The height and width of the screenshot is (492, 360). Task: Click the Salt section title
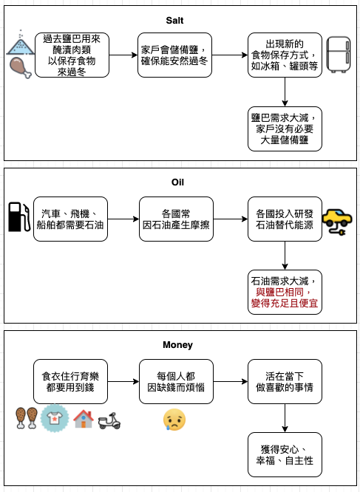point(174,21)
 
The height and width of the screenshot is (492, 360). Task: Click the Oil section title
point(177,182)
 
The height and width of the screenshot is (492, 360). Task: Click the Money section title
point(177,345)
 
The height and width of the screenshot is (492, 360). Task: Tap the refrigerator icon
point(339,55)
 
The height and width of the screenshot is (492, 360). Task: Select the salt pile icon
point(21,44)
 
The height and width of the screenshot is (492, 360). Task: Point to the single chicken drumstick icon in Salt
point(21,67)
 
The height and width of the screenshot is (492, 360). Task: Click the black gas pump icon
point(18,217)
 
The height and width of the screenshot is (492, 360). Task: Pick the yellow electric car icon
point(337,222)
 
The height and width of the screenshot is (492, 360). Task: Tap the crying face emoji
point(174,420)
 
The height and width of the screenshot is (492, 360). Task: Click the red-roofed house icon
point(84,419)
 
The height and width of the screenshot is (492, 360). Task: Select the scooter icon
point(109,421)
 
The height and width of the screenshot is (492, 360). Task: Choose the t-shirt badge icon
point(55,418)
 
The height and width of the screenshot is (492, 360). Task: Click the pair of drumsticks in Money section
point(27,418)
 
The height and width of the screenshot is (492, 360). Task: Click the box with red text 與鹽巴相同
point(285,292)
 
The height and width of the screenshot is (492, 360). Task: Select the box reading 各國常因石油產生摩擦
point(176,219)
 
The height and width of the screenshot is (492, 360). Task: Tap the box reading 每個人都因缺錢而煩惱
point(176,381)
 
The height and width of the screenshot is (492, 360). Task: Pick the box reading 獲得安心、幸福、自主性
point(285,454)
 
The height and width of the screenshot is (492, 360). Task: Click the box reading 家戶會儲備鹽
point(174,55)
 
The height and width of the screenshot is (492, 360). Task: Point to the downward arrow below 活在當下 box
point(285,418)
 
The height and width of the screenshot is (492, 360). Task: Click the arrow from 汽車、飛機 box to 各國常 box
point(123,219)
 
